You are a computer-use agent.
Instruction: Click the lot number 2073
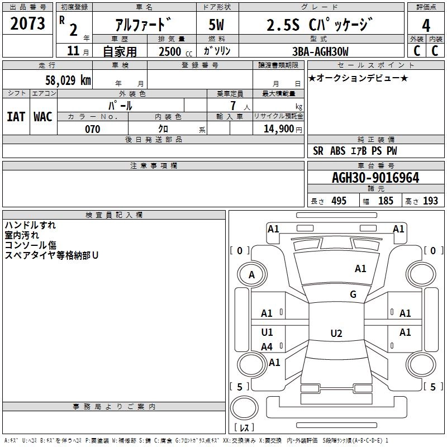28,23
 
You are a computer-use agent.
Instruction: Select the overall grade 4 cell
426,25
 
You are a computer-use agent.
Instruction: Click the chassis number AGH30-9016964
375,178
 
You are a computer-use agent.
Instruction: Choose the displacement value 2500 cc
173,51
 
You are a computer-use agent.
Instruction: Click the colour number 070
93,129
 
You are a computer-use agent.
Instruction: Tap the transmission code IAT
16,116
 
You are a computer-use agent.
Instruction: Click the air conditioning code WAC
43,116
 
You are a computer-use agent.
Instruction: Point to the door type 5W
217,25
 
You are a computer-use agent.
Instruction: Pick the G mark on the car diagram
353,294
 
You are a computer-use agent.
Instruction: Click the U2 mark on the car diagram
336,334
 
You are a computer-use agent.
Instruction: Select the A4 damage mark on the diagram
267,347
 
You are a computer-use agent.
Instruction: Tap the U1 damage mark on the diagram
267,332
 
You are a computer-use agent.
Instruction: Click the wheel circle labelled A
251,274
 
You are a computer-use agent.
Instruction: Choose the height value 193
430,201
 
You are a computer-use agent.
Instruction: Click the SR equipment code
318,151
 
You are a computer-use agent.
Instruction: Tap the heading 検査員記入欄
114,215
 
